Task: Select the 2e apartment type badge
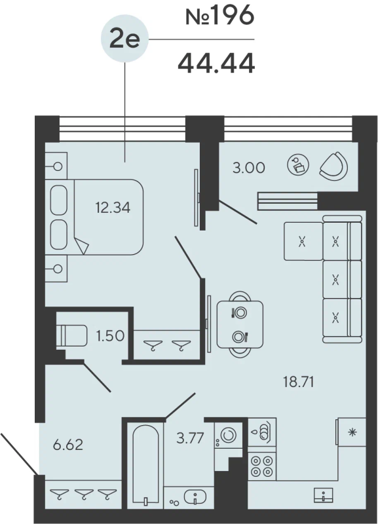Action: (x=124, y=39)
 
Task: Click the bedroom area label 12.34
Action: (x=113, y=208)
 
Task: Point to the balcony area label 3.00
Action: (x=248, y=168)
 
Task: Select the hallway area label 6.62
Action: (x=67, y=446)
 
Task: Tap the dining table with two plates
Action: (x=239, y=325)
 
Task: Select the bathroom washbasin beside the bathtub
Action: (x=194, y=498)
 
